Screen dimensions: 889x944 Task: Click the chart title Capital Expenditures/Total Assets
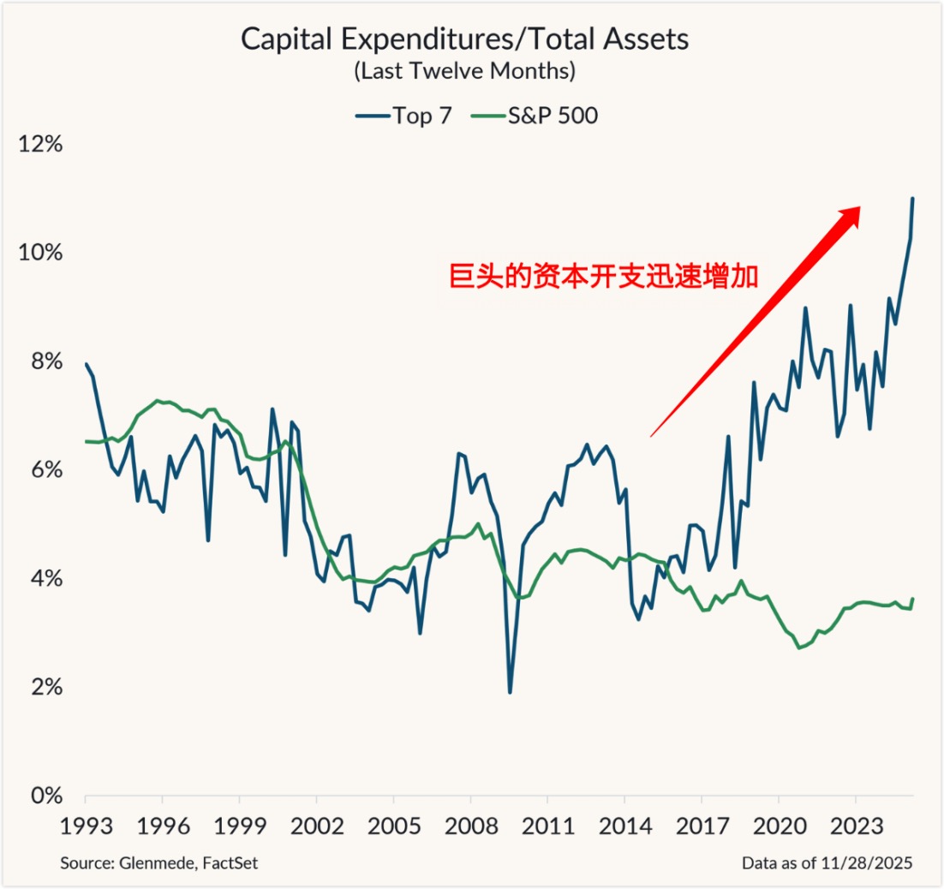(464, 39)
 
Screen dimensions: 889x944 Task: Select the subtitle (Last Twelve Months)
(464, 71)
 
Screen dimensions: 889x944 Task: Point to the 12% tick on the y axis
(41, 144)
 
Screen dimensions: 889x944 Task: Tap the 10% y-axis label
(41, 253)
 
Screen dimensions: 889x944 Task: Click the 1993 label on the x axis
(86, 826)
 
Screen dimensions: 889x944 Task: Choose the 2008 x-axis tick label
(470, 826)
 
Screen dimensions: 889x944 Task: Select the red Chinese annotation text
(604, 277)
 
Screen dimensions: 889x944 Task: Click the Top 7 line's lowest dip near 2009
(510, 692)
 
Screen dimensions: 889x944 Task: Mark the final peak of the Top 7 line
(912, 199)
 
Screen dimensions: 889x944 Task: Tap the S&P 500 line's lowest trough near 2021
(799, 647)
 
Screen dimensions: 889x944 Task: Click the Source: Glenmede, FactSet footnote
(158, 863)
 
